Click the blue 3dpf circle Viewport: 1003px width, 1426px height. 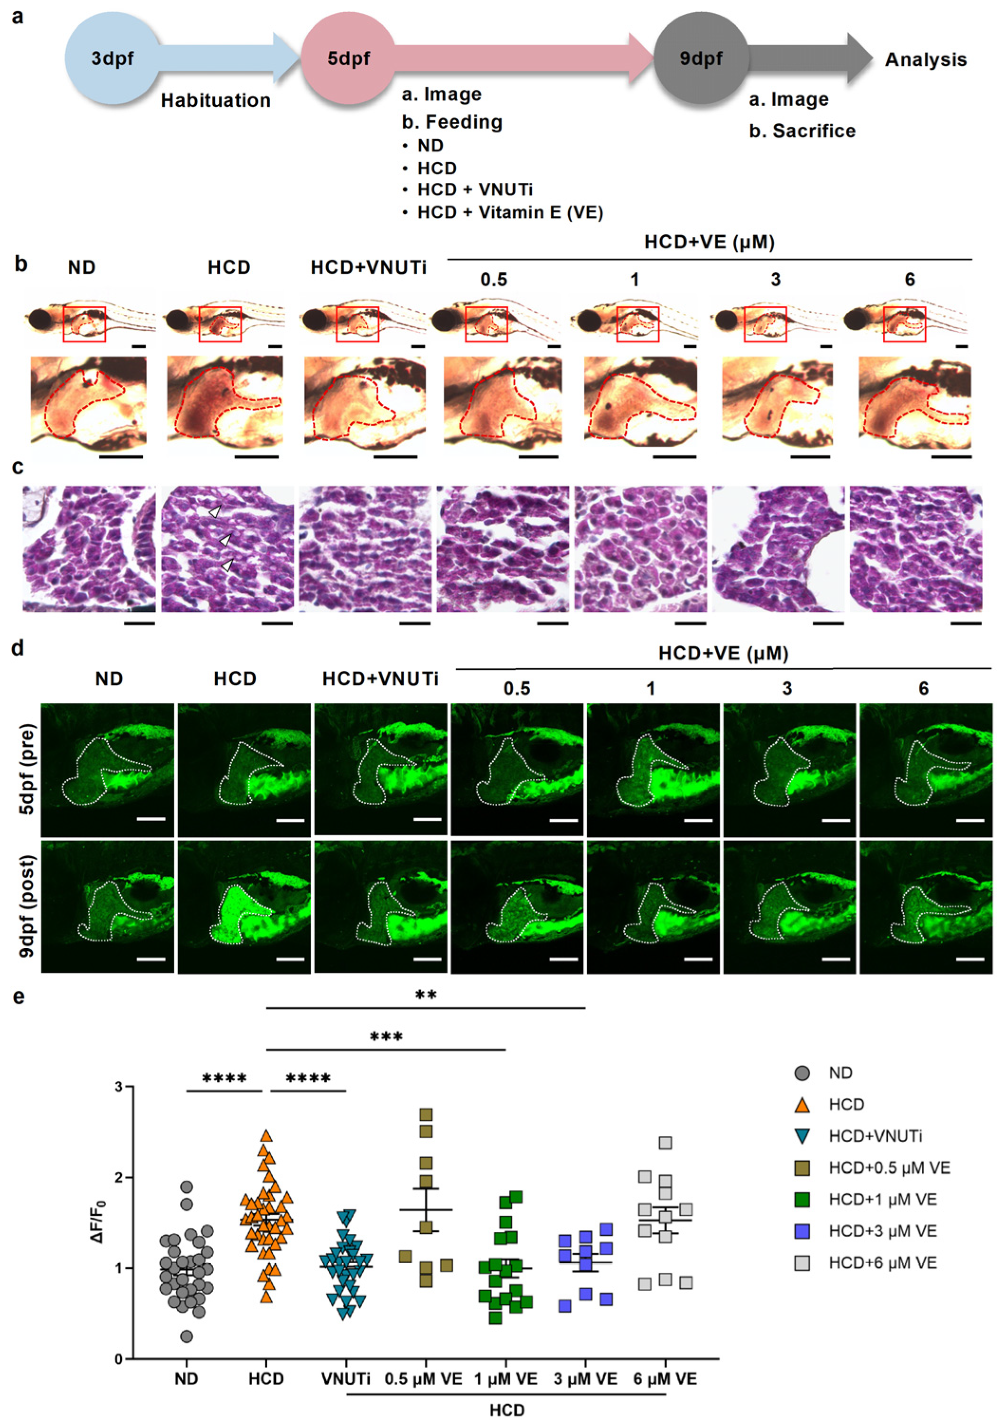coord(112,59)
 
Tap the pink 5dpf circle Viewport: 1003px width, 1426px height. coord(348,59)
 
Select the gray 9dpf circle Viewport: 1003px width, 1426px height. coord(701,59)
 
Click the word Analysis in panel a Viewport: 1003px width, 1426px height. coord(925,60)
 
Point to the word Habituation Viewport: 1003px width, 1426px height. coord(216,101)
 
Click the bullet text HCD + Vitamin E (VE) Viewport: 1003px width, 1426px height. coord(510,212)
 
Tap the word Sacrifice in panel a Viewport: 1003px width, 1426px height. coord(814,131)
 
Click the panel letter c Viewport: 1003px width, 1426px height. coord(18,467)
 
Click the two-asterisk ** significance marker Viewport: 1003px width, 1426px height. coord(426,995)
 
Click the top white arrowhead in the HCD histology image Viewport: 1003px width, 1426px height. coord(215,512)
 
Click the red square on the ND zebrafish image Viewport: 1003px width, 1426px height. coord(84,324)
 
